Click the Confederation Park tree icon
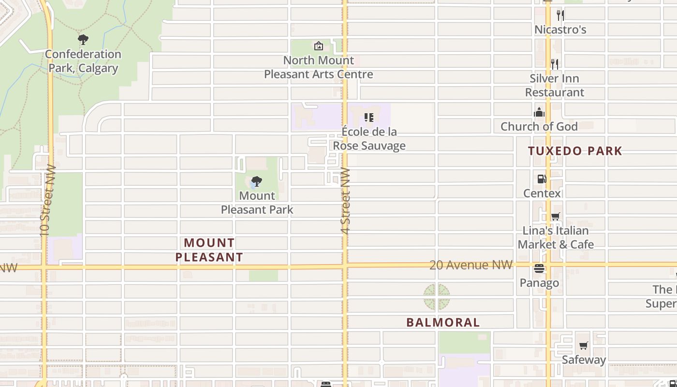[83, 39]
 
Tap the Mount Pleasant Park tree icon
[257, 181]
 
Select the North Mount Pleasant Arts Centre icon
[319, 46]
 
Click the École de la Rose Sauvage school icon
[369, 118]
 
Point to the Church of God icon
[539, 113]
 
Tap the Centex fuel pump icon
[542, 179]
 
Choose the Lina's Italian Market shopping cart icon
[556, 216]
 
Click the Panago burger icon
[539, 269]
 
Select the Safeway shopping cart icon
[584, 346]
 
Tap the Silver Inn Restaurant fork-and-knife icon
[555, 64]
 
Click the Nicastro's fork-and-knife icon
[560, 15]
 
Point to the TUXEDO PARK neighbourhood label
[575, 151]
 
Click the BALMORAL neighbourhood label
[443, 322]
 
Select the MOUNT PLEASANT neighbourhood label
[209, 250]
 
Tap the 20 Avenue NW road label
[471, 265]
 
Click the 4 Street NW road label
[345, 201]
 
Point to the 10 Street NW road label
[45, 201]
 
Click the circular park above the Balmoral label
[437, 297]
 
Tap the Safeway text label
[584, 360]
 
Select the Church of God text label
[539, 127]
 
